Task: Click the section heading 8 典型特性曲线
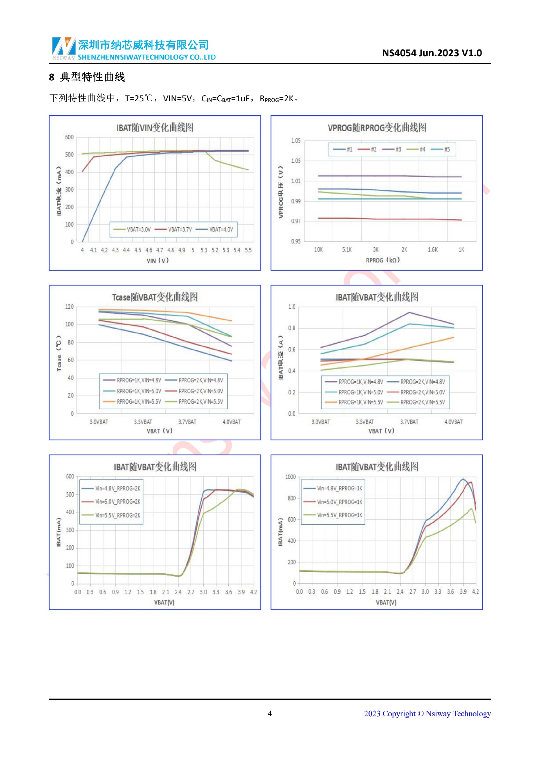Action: (x=87, y=77)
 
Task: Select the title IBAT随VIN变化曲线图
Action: (x=155, y=128)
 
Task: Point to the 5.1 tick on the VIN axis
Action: (x=204, y=250)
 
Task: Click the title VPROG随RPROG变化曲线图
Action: (x=377, y=128)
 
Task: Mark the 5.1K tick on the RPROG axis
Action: (x=347, y=250)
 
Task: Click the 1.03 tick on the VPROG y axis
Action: (x=296, y=161)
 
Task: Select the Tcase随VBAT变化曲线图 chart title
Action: (x=155, y=297)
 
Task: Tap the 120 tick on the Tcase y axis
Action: (x=69, y=307)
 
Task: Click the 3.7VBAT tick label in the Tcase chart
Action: (x=187, y=422)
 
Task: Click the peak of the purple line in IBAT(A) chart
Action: (x=409, y=313)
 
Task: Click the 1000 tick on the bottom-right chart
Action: (x=290, y=477)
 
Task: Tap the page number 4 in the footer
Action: (x=270, y=714)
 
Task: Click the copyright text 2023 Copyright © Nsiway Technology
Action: (x=427, y=714)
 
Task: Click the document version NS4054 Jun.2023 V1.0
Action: (x=432, y=53)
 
